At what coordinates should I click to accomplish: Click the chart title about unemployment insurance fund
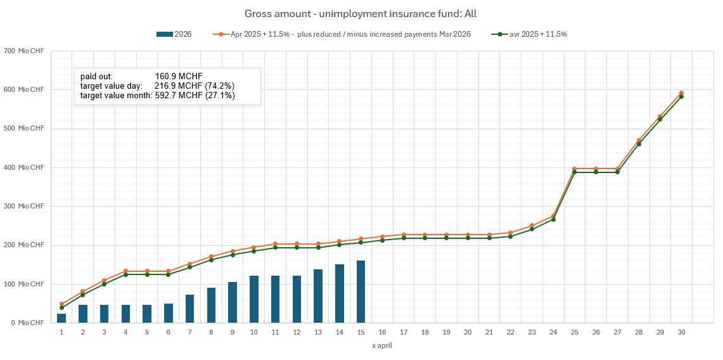click(361, 13)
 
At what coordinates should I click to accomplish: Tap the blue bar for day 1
click(61, 318)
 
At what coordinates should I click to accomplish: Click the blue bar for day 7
click(189, 309)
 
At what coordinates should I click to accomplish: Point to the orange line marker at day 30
click(681, 93)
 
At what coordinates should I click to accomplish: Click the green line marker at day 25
click(574, 172)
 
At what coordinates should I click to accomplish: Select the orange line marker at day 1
click(61, 304)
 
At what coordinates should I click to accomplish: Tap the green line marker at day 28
click(639, 144)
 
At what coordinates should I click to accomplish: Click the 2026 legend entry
click(174, 34)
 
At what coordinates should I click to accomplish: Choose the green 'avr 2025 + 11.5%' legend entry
click(530, 34)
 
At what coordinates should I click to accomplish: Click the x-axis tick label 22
click(510, 332)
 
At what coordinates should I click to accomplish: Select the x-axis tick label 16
click(382, 332)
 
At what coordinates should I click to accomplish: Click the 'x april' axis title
click(382, 346)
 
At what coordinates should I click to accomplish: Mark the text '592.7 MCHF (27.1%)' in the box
click(195, 96)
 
